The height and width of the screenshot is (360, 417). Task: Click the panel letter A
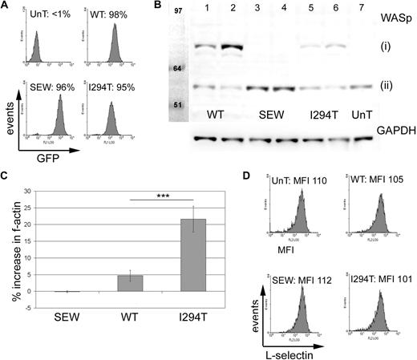(x=6, y=6)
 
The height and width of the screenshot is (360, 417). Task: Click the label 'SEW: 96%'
(x=42, y=86)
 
